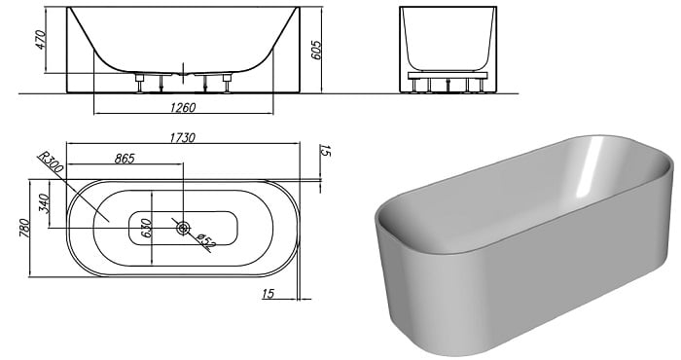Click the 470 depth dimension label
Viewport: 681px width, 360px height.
41,40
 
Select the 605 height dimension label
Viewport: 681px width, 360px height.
316,51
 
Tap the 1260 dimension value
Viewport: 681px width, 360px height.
183,107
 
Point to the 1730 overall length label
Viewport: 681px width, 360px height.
183,137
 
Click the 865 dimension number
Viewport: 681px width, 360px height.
125,159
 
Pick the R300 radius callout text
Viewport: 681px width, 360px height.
51,162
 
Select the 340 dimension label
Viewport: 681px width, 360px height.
45,203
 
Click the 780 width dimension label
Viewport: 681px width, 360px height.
24,228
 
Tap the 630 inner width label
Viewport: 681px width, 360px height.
146,228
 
